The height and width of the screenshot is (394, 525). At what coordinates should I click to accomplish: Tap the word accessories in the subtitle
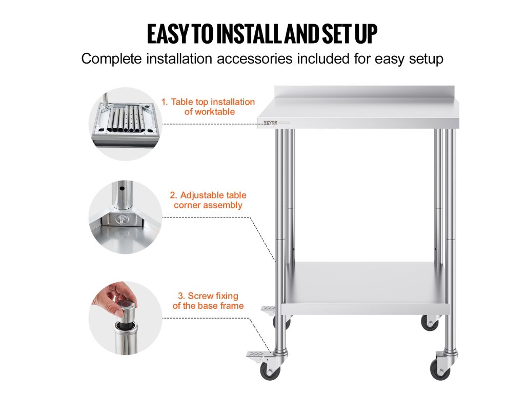click(x=255, y=58)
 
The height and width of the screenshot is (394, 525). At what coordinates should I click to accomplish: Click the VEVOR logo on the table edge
click(x=270, y=122)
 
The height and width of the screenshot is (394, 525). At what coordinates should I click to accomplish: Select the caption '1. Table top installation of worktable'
click(x=208, y=107)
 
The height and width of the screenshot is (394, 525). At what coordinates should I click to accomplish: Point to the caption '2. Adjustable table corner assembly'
click(x=208, y=200)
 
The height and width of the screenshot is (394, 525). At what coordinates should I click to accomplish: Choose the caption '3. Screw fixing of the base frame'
click(x=208, y=301)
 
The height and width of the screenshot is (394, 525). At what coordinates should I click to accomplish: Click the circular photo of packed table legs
click(x=126, y=124)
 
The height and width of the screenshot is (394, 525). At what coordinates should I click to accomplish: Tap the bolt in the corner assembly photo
click(x=121, y=220)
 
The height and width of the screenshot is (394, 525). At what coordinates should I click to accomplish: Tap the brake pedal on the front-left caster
click(x=258, y=355)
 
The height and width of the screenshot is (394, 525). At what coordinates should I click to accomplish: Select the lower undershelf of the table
click(x=366, y=288)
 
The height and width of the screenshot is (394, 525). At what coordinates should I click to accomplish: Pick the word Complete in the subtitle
click(x=111, y=59)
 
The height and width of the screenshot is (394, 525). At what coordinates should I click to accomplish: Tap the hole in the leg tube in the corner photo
click(x=123, y=188)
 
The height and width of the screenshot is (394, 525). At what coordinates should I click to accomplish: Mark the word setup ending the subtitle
click(x=426, y=59)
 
